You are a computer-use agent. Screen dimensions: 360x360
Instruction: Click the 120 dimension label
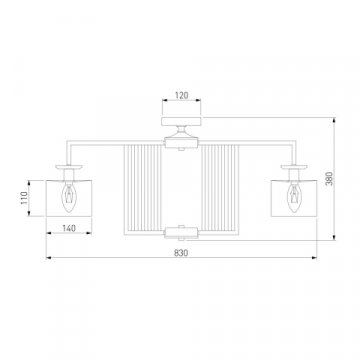[x=181, y=95]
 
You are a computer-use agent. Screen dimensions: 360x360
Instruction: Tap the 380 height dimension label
[x=329, y=179]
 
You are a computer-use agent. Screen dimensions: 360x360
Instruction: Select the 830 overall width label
[x=181, y=253]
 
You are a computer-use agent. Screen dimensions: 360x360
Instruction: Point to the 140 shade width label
[x=69, y=228]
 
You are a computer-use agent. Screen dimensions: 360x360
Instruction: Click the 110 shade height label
[x=24, y=198]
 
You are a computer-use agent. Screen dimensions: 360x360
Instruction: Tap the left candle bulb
[x=69, y=197]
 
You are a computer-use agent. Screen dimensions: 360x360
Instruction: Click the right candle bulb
[x=294, y=197]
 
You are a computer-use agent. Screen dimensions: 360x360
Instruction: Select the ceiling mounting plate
[x=181, y=121]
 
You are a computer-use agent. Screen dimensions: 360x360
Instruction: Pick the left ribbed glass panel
[x=142, y=190]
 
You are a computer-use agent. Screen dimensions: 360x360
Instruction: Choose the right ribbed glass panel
[x=220, y=190]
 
